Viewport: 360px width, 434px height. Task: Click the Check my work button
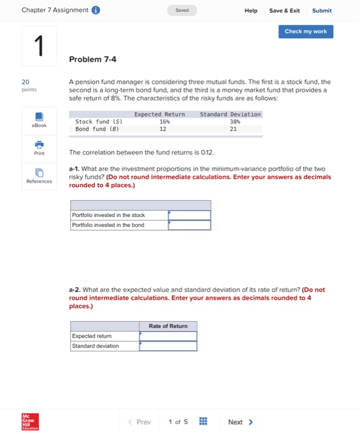tap(305, 32)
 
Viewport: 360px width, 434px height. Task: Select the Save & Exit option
tap(284, 11)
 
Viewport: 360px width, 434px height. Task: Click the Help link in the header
tap(251, 11)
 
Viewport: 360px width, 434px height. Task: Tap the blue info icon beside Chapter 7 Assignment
tap(96, 11)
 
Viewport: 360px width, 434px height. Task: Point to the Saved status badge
tap(182, 11)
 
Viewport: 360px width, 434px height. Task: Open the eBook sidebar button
tap(38, 120)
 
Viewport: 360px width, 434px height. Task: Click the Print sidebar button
tap(38, 148)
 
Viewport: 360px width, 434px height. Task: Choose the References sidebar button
tap(38, 176)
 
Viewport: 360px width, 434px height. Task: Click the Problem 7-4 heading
tap(92, 60)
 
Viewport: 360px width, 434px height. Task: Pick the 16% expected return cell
tap(163, 122)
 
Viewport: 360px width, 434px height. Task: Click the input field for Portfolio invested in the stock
tap(189, 215)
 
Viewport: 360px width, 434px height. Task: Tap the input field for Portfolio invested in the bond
tap(189, 225)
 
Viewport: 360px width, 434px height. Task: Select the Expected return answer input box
tap(168, 336)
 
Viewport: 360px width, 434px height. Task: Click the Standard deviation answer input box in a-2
tap(168, 346)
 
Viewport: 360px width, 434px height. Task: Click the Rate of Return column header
tap(168, 326)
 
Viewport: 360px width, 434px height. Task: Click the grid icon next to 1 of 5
tap(203, 422)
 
